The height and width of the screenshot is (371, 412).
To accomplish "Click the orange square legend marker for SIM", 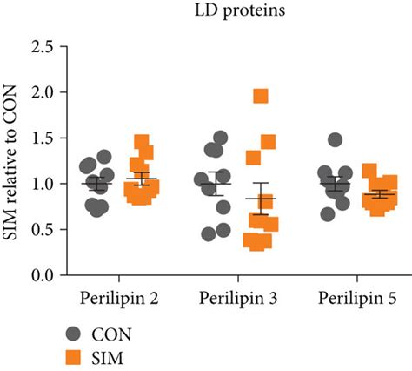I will (x=76, y=356).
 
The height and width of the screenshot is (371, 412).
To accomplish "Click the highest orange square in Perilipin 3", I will (x=260, y=96).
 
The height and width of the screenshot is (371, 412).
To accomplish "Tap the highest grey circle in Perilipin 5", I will (x=335, y=139).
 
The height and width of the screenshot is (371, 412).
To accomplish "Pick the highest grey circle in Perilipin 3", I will (x=220, y=138).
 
